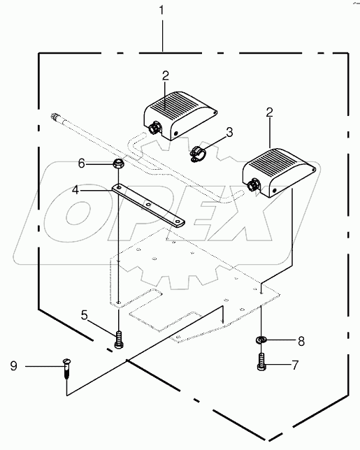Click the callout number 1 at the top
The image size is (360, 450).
[x=164, y=12]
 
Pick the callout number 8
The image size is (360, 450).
[x=301, y=341]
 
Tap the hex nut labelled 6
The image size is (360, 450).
[x=120, y=164]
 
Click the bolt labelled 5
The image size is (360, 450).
[x=120, y=340]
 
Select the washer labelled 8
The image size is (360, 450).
[x=261, y=340]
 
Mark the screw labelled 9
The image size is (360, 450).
[x=66, y=366]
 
